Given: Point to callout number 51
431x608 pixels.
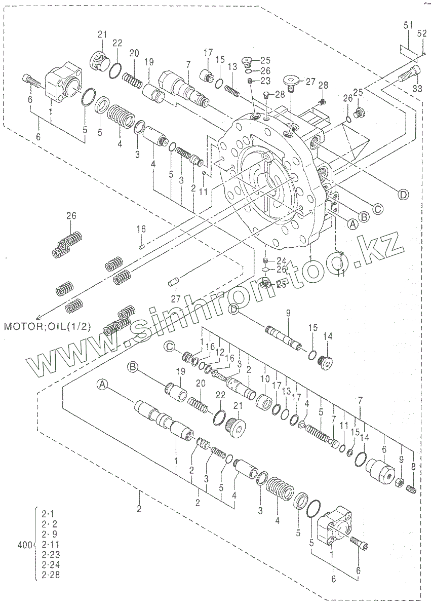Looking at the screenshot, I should pos(408,25).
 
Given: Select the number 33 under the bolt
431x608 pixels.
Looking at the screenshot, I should pos(417,89).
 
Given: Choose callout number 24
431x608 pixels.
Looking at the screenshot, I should pos(282,260).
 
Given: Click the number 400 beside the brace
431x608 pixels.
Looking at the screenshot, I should pos(24,545).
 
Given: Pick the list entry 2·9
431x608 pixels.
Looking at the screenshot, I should pos(50,535).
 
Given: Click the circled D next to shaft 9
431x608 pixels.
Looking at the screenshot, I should pos(234,308).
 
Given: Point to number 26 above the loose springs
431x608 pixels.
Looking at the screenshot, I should pos(71,216).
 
